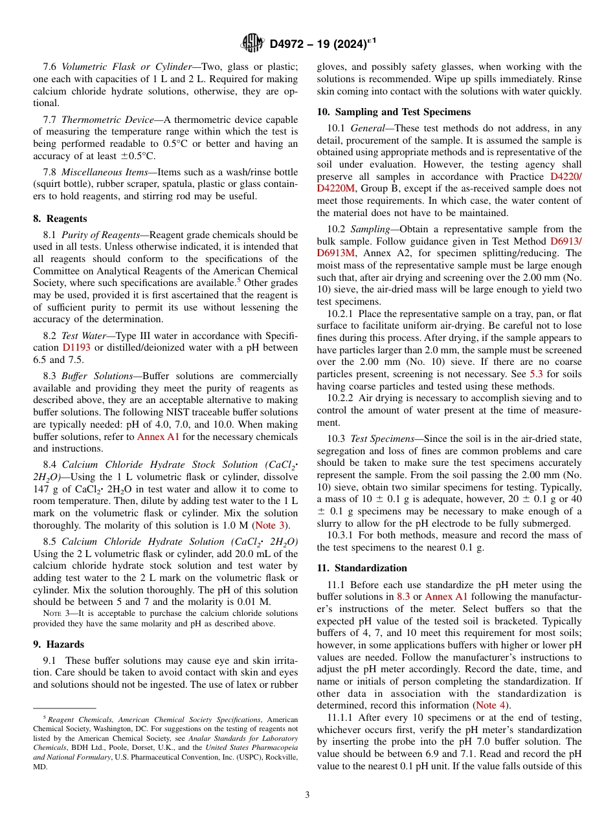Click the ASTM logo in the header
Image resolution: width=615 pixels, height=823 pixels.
click(x=252, y=43)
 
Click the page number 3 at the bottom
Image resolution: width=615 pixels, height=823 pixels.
click(x=307, y=795)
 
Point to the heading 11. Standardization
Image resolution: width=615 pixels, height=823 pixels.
click(x=362, y=568)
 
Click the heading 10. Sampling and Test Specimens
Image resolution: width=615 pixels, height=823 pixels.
click(x=394, y=112)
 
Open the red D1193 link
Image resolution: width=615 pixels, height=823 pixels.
click(x=76, y=347)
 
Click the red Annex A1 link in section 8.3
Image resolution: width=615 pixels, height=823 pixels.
click(x=159, y=437)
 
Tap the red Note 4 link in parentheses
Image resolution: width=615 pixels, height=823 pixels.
click(x=491, y=705)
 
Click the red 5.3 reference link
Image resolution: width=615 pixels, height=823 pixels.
click(x=537, y=374)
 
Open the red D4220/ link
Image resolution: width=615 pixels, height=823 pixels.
click(x=566, y=176)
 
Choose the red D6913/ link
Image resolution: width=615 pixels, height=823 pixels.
click(x=566, y=241)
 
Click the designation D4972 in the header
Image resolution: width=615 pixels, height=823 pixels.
click(x=289, y=44)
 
